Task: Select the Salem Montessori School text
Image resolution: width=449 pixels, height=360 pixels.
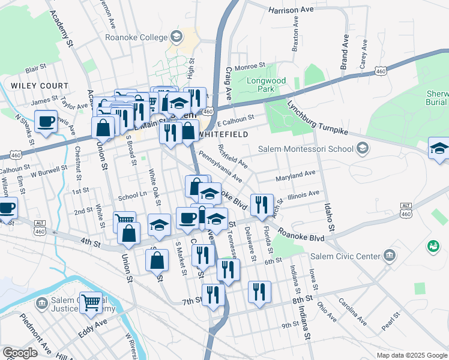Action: coord(306,149)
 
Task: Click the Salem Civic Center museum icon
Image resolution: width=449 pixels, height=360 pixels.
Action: coord(391,256)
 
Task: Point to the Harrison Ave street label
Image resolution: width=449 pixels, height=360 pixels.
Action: coord(291,10)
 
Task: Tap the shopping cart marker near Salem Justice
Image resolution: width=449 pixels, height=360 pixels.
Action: coord(91,303)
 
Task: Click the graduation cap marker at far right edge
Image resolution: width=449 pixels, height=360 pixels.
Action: coord(439,149)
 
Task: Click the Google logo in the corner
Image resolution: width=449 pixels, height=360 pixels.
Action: coord(20,353)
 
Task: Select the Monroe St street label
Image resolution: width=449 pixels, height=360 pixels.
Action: coord(250,65)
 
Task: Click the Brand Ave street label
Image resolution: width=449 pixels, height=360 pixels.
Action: coord(345,52)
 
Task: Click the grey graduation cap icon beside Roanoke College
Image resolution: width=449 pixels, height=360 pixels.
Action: coord(176,37)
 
